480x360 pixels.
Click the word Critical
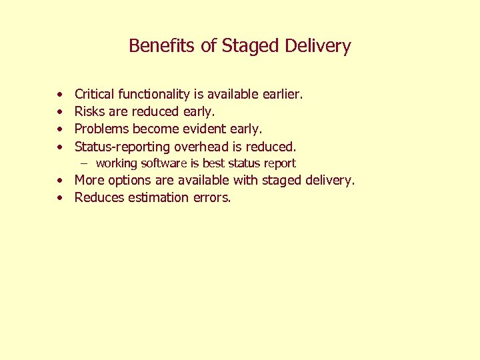(x=94, y=95)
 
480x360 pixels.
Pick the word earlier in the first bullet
(x=282, y=95)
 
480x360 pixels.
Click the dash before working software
(x=85, y=163)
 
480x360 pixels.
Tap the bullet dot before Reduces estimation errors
(x=60, y=198)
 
